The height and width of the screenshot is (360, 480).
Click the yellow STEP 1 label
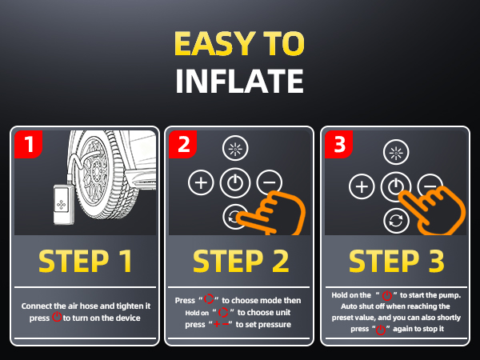click(84, 262)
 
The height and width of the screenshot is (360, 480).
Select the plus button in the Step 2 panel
click(200, 183)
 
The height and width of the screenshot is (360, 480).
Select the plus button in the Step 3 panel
click(362, 187)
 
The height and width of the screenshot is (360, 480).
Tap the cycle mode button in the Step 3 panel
click(394, 220)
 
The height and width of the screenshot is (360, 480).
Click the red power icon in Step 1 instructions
click(57, 318)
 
